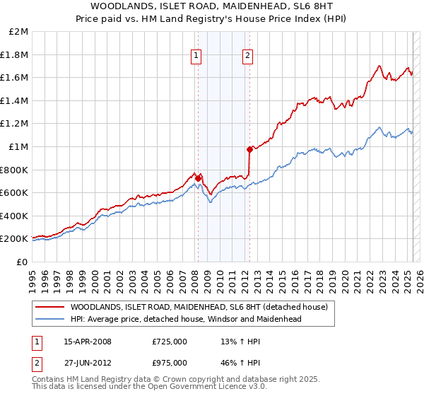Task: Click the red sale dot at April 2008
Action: tap(199, 178)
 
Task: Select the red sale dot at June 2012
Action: tap(249, 149)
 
